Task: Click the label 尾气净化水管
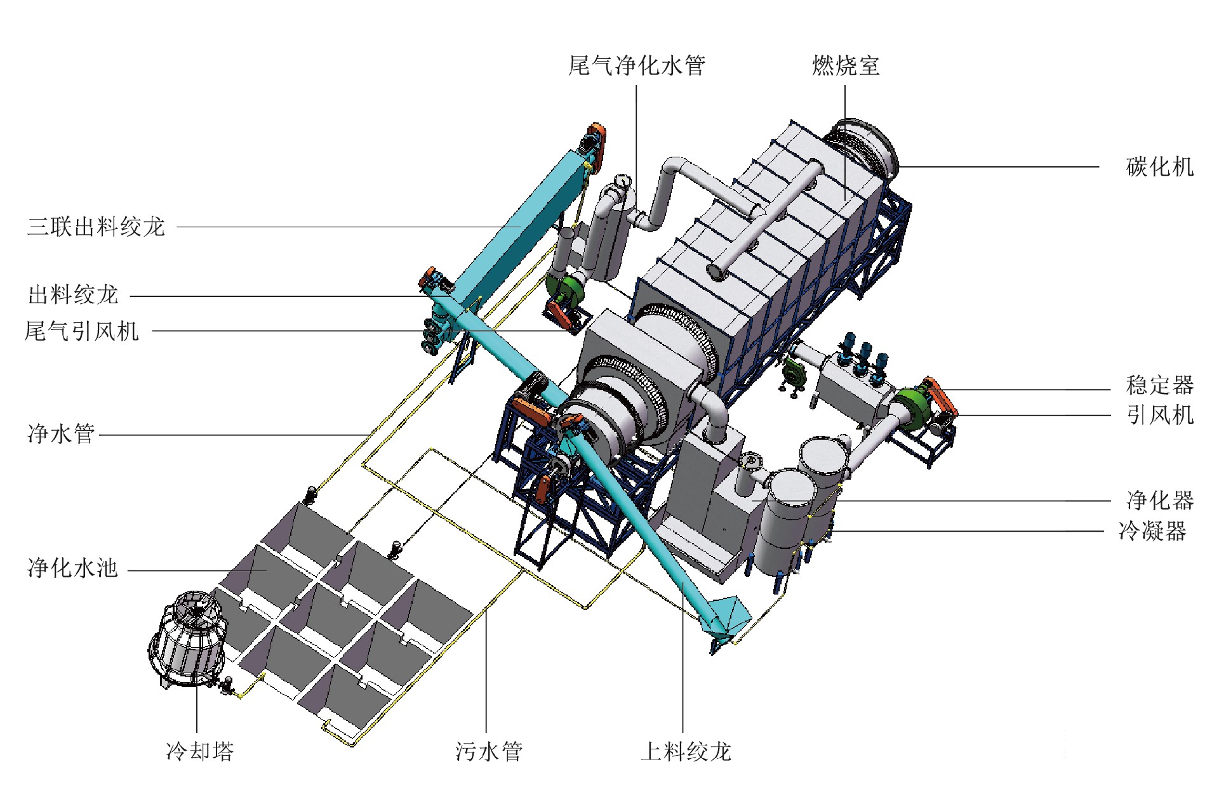pos(637,65)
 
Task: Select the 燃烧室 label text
pos(846,65)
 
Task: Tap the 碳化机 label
pos(1160,167)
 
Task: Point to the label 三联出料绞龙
pos(96,227)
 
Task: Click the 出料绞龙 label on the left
pos(73,294)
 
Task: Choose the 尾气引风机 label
pos(81,331)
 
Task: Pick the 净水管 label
pos(61,434)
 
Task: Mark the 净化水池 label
pos(73,568)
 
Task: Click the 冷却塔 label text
pos(200,751)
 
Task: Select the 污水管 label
pos(489,751)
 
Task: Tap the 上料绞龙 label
pos(686,751)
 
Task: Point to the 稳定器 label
pos(1160,385)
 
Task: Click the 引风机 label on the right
pos(1160,415)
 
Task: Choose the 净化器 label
pos(1160,500)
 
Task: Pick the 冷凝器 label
pos(1152,530)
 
